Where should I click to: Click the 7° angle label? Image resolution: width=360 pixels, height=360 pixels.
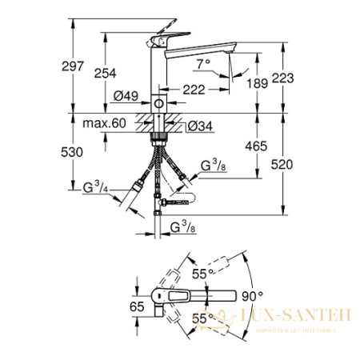click(x=203, y=62)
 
